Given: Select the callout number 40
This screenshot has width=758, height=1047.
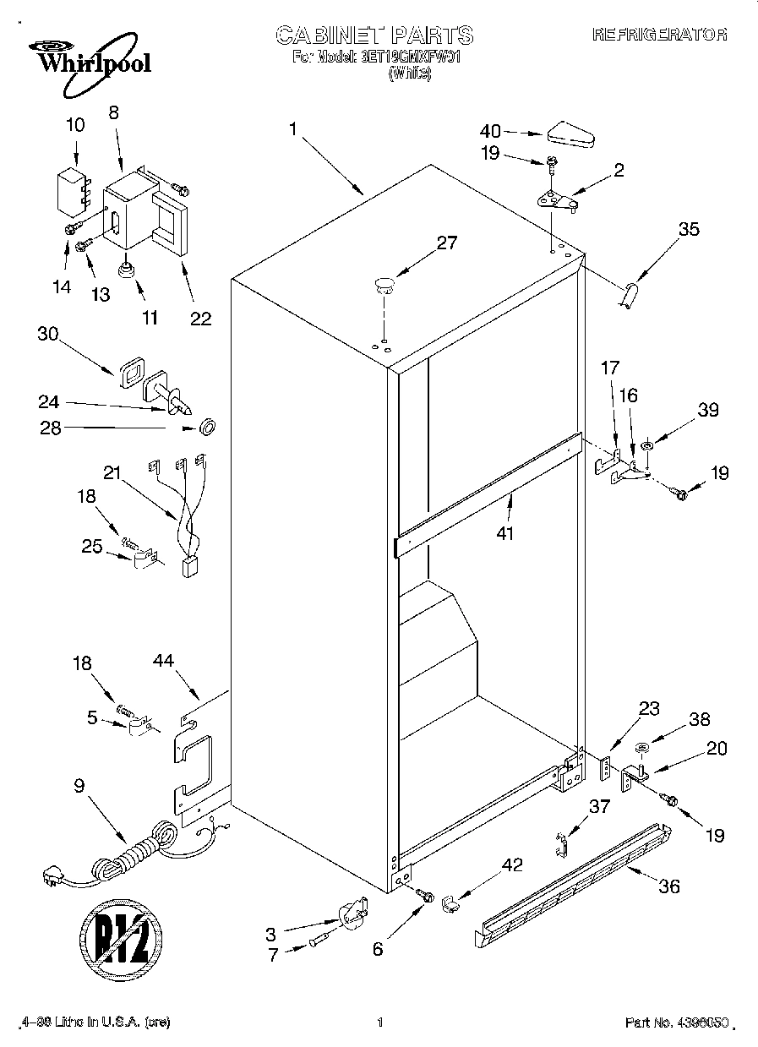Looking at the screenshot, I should pyautogui.click(x=490, y=131).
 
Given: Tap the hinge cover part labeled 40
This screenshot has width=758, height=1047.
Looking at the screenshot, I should pyautogui.click(x=573, y=134).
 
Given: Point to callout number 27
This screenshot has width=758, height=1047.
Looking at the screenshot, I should pyautogui.click(x=446, y=243).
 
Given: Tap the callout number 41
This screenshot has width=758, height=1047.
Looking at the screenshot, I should pyautogui.click(x=506, y=533).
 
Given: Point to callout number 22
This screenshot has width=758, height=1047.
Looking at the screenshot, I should pyautogui.click(x=200, y=318).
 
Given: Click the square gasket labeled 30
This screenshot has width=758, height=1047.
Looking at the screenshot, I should pyautogui.click(x=131, y=373).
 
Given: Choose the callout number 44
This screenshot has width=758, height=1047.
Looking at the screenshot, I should pyautogui.click(x=164, y=660).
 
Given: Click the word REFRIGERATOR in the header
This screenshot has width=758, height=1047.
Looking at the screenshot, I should pyautogui.click(x=659, y=35).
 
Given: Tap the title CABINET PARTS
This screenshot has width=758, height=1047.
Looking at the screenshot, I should pyautogui.click(x=374, y=35).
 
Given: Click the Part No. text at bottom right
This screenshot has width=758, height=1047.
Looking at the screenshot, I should pyautogui.click(x=676, y=1022).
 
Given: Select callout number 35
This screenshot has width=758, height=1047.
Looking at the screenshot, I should pyautogui.click(x=689, y=228).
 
